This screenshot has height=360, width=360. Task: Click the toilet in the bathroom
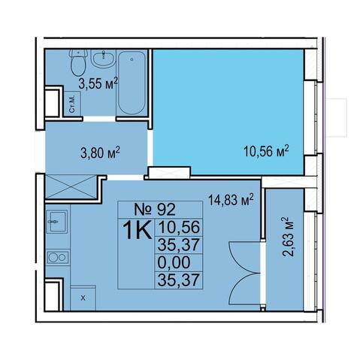pyautogui.click(x=79, y=62)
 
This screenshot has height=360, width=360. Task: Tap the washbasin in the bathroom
pyautogui.click(x=103, y=59)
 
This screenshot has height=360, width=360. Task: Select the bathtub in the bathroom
pyautogui.click(x=132, y=83)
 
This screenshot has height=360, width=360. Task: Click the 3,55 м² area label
pyautogui.click(x=98, y=83)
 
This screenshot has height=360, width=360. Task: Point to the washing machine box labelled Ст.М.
pyautogui.click(x=72, y=104)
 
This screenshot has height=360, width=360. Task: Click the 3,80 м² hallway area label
pyautogui.click(x=100, y=153)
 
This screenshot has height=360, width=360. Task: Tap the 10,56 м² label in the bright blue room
pyautogui.click(x=266, y=150)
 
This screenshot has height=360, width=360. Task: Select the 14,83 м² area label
pyautogui.click(x=231, y=200)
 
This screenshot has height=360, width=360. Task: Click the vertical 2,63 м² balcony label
pyautogui.click(x=288, y=237)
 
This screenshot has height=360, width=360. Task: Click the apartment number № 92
pyautogui.click(x=155, y=210)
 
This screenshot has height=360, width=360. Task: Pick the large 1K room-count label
pyautogui.click(x=138, y=230)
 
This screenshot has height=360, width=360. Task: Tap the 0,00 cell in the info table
pyautogui.click(x=174, y=262)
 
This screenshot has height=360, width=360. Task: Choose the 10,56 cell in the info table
pyautogui.click(x=179, y=227)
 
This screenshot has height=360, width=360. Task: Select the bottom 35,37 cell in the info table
pyautogui.click(x=179, y=280)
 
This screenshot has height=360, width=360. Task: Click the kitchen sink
pyautogui.click(x=57, y=222)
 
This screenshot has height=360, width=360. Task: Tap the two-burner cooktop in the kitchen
pyautogui.click(x=58, y=257)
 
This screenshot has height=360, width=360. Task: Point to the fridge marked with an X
pyautogui.click(x=83, y=298)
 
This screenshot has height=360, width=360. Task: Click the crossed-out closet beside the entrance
pyautogui.click(x=71, y=187)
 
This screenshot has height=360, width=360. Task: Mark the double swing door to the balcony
pyautogui.click(x=245, y=273)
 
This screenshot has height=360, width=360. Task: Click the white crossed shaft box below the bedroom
pyautogui.click(x=170, y=172)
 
